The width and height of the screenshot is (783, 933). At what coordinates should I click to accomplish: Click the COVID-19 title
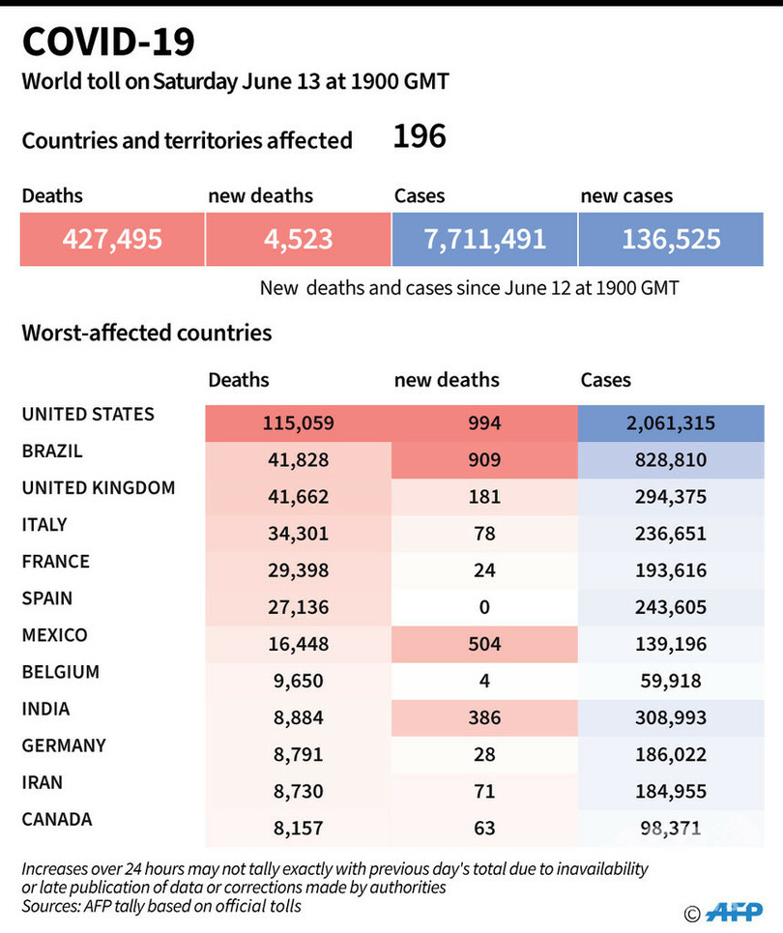pos(108,43)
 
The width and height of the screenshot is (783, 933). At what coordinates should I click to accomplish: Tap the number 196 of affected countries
pos(420,136)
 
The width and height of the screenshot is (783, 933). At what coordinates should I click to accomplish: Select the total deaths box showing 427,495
pos(112,239)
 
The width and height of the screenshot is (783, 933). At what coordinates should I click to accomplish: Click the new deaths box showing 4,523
pos(298,239)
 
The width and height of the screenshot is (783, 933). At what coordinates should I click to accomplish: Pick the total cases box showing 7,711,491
pos(484,239)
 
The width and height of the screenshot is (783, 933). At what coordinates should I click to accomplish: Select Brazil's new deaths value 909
pos(483,460)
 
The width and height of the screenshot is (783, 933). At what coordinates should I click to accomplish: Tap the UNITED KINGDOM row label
pos(99,488)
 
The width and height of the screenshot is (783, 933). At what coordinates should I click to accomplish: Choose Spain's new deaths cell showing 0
pos(483,607)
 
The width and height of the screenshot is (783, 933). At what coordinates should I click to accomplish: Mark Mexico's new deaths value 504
pos(483,644)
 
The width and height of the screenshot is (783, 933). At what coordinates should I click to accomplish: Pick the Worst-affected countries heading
pos(147,334)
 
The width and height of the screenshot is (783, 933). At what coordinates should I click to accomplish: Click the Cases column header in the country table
pos(605,380)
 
